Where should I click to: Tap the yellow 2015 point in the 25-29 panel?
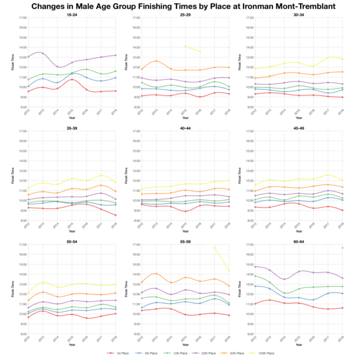tap(185, 46)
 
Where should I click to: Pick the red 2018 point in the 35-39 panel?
tap(116, 215)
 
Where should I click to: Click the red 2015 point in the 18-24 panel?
tap(72, 79)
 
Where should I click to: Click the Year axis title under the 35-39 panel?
tap(71, 229)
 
